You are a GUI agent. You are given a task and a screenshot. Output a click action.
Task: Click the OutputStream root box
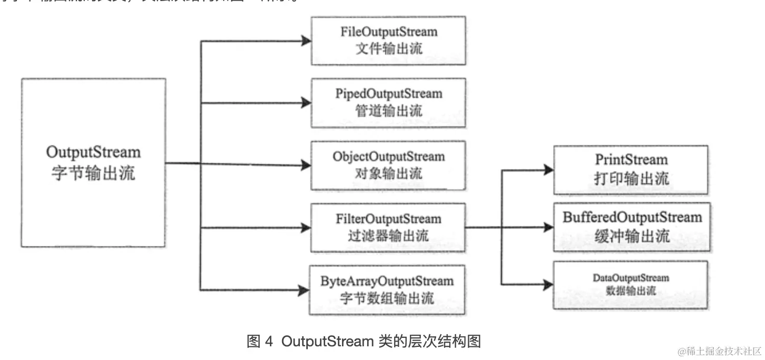[x=93, y=163]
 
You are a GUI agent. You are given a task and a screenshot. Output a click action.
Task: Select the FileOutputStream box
[x=388, y=41]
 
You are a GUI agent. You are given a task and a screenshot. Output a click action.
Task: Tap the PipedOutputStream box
[x=388, y=103]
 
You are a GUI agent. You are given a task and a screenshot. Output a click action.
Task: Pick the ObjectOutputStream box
[x=388, y=165]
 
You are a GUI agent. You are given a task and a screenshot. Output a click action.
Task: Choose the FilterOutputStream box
[x=388, y=227]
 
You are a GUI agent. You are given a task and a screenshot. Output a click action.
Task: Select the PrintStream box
[x=631, y=169]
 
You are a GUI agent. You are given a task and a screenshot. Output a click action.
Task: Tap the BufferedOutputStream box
[x=632, y=227]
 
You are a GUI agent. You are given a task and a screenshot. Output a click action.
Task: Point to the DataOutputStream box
[x=631, y=284]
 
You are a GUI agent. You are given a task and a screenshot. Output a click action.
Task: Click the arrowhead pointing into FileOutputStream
[x=306, y=41]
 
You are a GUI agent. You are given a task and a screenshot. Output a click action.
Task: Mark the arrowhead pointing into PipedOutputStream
[x=306, y=103]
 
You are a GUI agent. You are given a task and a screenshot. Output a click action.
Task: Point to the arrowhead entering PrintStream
[x=548, y=170]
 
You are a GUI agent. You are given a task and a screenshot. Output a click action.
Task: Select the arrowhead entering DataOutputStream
[x=548, y=284]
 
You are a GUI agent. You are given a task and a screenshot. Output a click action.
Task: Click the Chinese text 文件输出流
[x=388, y=49]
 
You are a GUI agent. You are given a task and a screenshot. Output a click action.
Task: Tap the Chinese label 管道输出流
[x=388, y=111]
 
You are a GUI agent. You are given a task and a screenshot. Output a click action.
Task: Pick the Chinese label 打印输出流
[x=631, y=178]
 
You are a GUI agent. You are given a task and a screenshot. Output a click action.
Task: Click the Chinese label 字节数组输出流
[x=387, y=298]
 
